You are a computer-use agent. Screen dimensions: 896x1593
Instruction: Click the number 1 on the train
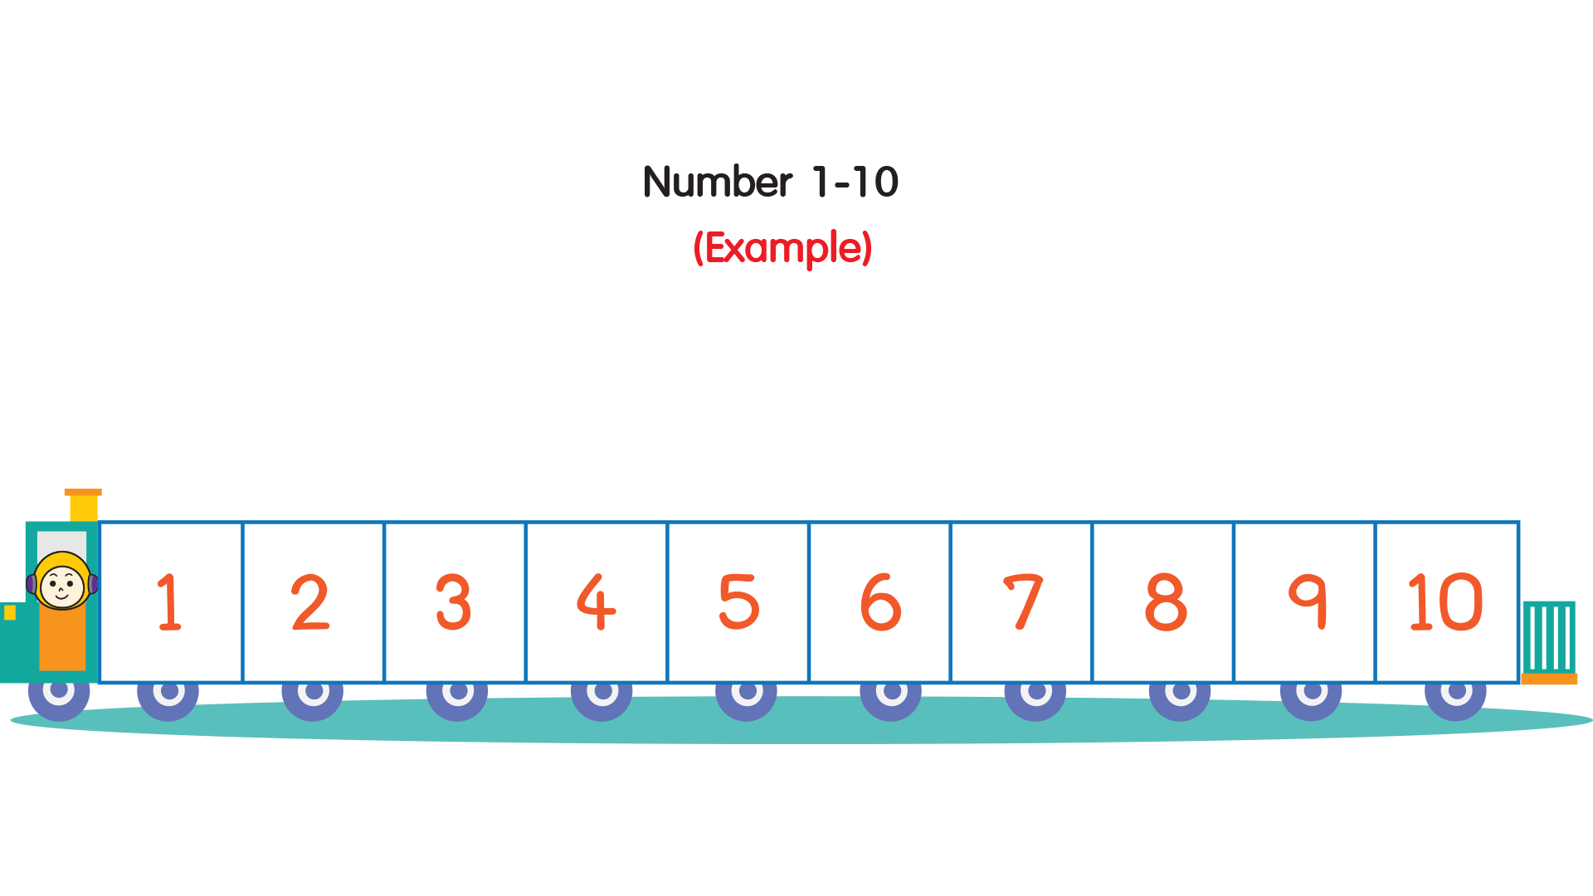click(169, 602)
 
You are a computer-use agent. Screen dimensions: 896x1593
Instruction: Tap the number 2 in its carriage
click(310, 602)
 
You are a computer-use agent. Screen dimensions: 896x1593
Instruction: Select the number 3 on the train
click(453, 602)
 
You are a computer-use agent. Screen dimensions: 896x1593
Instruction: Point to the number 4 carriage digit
click(596, 602)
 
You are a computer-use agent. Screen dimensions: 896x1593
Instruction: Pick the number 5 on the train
click(738, 602)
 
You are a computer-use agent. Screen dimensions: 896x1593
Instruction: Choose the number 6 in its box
click(880, 602)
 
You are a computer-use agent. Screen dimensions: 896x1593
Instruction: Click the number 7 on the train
click(1023, 602)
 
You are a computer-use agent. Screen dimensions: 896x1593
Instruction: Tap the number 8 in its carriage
click(1166, 602)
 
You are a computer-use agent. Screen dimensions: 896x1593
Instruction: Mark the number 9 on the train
click(1308, 602)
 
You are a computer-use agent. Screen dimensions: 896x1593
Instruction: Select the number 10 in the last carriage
click(1445, 602)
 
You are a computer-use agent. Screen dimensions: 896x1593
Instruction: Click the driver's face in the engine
click(62, 583)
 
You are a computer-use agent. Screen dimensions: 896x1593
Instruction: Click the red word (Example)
click(782, 248)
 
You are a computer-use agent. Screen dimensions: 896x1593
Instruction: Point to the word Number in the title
click(718, 183)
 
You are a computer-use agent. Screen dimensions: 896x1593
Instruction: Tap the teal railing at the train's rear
click(1548, 636)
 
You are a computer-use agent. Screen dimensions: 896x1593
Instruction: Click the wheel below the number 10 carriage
click(1455, 694)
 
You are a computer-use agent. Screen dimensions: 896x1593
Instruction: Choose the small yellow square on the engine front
click(10, 613)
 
